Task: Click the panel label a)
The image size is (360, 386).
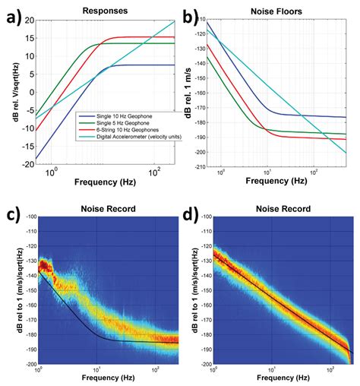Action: point(13,14)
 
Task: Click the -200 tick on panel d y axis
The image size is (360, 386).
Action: point(204,363)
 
